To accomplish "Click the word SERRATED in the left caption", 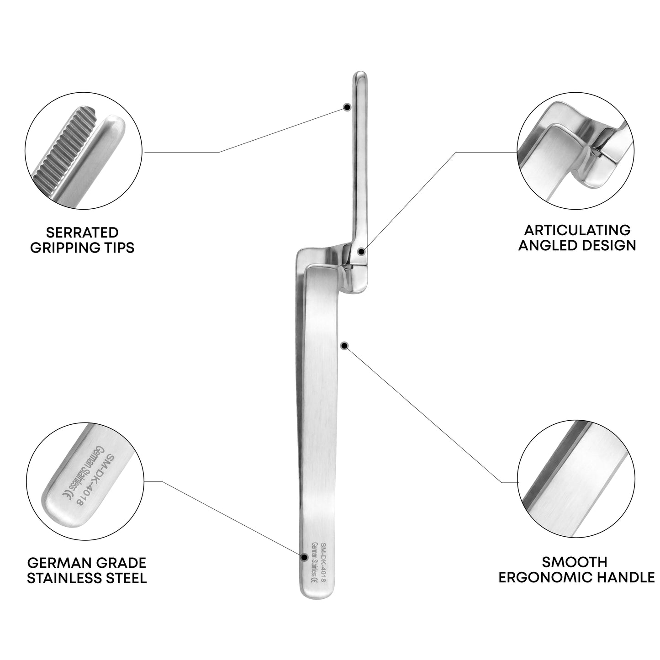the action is click(x=82, y=232).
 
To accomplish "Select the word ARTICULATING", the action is click(x=577, y=230).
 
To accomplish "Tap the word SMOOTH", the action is click(x=575, y=562).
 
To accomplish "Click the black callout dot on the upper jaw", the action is click(x=347, y=107).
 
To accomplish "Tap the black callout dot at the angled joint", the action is click(x=361, y=252).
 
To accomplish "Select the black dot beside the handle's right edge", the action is click(x=345, y=346).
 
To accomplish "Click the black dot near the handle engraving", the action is click(x=304, y=567).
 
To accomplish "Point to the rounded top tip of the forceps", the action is click(x=360, y=73).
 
